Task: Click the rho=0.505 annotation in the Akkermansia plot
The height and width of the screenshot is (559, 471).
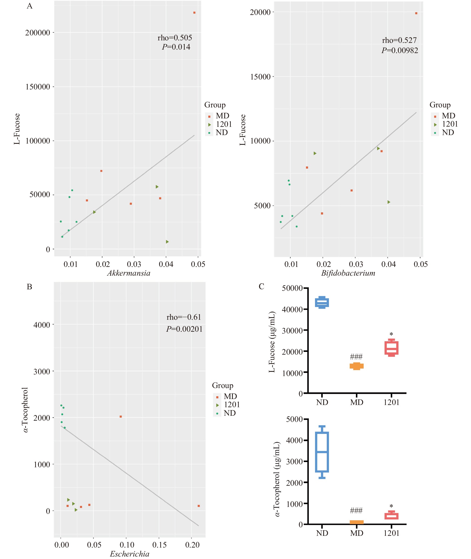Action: [x=175, y=38]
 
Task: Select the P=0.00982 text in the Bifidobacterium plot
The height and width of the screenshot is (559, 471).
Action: [x=399, y=50]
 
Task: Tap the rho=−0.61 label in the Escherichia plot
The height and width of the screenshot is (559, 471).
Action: [x=184, y=317]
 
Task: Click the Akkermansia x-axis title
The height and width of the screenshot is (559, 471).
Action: [x=129, y=273]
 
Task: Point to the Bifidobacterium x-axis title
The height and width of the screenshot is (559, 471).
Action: [x=348, y=273]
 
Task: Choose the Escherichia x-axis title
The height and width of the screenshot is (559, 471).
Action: [x=130, y=554]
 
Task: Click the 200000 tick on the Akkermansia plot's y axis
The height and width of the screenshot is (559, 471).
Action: [x=38, y=33]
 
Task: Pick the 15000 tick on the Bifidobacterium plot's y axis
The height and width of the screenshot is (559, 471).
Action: [x=260, y=77]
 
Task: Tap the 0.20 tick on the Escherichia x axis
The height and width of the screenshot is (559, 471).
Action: [x=192, y=545]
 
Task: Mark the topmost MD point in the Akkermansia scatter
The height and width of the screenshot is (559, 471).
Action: [x=194, y=13]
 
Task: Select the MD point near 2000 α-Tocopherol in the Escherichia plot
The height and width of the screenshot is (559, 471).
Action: [x=121, y=416]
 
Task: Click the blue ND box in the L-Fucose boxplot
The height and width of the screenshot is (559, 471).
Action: [x=322, y=303]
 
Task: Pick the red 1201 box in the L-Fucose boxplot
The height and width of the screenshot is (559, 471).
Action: [x=392, y=348]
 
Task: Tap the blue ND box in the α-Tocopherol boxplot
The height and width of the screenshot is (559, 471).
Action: [x=322, y=452]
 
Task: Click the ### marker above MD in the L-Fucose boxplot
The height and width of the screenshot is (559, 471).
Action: [x=356, y=357]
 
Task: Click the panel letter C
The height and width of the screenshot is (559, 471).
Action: [x=261, y=286]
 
